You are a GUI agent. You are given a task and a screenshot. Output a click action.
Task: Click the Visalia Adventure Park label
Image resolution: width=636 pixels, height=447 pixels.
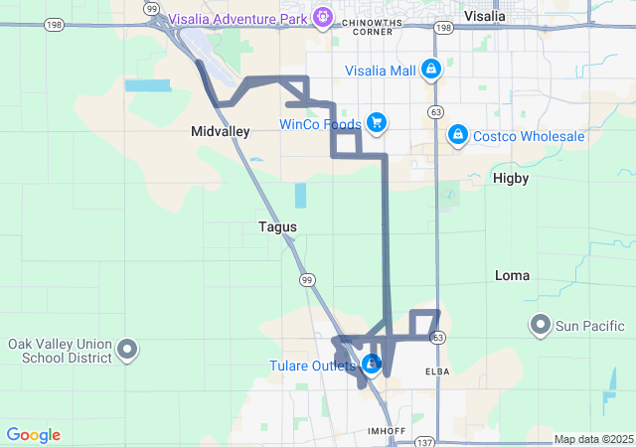(238, 17)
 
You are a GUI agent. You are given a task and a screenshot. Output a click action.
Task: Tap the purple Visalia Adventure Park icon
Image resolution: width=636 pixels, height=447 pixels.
(323, 17)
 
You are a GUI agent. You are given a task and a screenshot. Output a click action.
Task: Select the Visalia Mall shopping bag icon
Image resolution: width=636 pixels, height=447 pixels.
(430, 70)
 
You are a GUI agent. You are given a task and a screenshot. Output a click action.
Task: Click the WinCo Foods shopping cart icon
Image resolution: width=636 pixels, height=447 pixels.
(376, 123)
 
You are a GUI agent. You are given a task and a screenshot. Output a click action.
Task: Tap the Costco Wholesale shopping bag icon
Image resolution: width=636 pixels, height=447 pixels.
(457, 134)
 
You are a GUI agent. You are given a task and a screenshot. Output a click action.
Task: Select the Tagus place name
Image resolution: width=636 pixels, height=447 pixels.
(277, 226)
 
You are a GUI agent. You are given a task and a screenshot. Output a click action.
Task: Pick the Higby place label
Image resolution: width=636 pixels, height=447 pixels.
(511, 178)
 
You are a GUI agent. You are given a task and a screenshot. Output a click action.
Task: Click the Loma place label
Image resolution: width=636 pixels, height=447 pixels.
(512, 275)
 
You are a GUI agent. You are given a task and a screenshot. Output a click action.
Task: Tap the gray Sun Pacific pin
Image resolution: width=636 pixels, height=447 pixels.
(541, 324)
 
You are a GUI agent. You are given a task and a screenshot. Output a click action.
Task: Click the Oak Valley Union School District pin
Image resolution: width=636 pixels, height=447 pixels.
(127, 349)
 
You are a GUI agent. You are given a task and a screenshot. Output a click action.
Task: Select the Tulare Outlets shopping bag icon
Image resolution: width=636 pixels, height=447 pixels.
(371, 365)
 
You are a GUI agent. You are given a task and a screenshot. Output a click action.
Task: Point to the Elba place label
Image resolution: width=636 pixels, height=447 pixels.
(438, 372)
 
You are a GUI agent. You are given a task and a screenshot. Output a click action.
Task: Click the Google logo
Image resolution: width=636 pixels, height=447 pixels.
(33, 435)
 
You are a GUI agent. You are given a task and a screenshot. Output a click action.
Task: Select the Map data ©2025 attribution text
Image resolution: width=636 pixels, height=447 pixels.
(593, 439)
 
